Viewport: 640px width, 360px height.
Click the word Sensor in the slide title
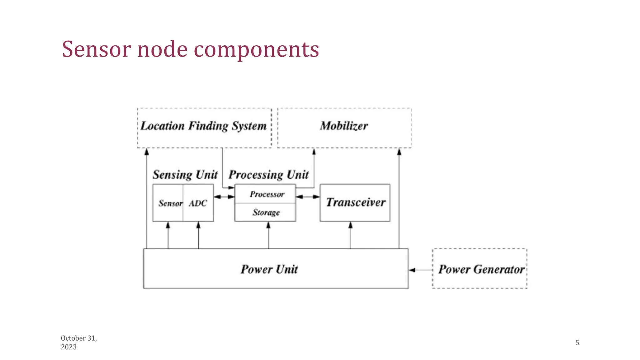tap(96, 49)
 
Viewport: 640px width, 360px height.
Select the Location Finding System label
tap(203, 126)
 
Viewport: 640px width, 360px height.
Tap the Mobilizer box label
tap(344, 126)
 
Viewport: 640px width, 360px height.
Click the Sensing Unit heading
tap(185, 175)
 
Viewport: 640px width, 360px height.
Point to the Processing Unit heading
tap(269, 175)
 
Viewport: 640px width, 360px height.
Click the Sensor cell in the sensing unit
tap(170, 203)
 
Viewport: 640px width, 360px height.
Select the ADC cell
tap(198, 203)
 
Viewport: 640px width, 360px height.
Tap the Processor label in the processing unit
tap(267, 194)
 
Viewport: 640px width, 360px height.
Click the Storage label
tap(266, 212)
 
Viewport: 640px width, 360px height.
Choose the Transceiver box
tap(355, 202)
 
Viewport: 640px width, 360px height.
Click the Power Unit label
tap(269, 269)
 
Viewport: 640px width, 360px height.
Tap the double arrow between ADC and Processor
tap(224, 197)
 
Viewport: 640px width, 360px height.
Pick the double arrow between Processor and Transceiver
tap(308, 197)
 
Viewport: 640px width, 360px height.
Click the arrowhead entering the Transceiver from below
tap(350, 225)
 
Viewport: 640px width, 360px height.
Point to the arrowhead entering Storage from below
tap(268, 225)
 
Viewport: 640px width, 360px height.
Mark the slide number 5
tap(577, 342)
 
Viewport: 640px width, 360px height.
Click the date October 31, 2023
tap(79, 342)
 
